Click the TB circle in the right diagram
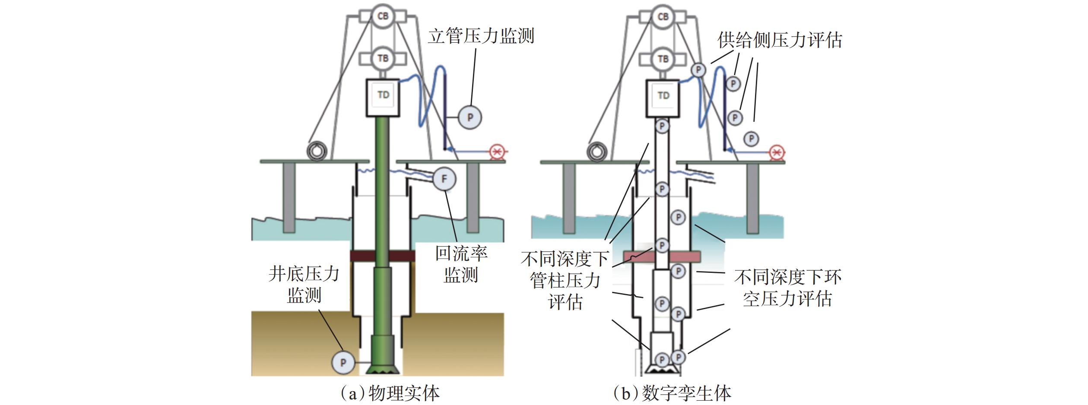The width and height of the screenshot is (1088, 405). (x=663, y=58)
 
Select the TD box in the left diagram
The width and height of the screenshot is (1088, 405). (x=383, y=98)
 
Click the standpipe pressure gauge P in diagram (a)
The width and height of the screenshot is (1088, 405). (x=470, y=117)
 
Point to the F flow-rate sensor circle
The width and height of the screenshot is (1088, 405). (x=444, y=179)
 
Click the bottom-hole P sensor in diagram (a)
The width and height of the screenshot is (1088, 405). (x=343, y=362)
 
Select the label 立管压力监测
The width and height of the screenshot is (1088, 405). (x=481, y=36)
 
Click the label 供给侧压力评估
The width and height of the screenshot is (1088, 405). (x=780, y=40)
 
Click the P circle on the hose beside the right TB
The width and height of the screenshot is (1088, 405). (x=698, y=70)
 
